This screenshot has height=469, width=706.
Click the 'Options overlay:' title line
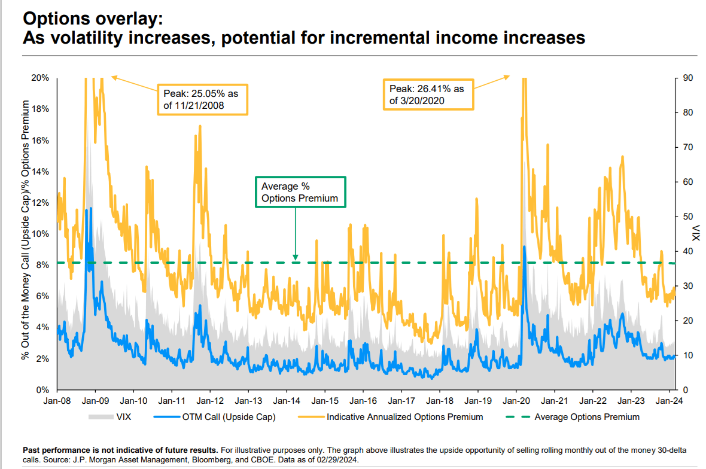click(x=92, y=19)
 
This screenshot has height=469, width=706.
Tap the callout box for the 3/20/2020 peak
click(x=428, y=95)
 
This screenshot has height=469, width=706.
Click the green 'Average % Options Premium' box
click(x=300, y=192)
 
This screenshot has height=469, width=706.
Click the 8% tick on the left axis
click(x=42, y=265)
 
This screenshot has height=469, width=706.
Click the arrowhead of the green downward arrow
click(x=295, y=258)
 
